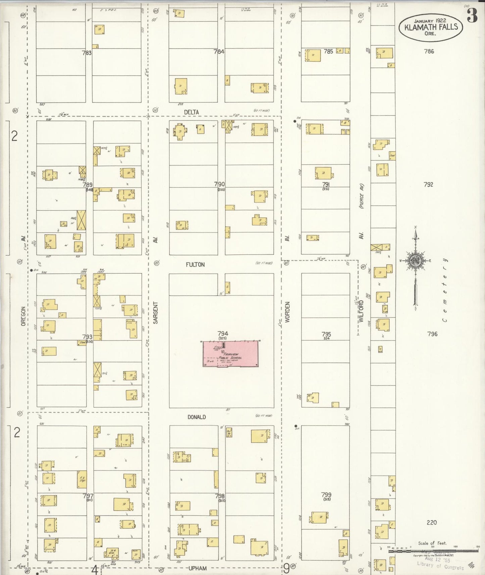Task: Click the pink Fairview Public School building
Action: coord(231,354)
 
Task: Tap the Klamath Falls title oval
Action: coord(431,27)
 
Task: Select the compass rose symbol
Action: coord(416,261)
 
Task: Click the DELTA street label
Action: coord(191,112)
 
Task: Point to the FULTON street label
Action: coord(195,265)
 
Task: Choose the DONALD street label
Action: coord(197,417)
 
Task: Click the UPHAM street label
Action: coord(197,568)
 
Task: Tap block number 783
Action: coord(87,53)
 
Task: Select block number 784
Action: coord(219,52)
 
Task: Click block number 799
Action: coord(326,494)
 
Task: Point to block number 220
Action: coord(432,522)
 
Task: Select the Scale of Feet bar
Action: coord(433,551)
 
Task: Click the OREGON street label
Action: coord(23,316)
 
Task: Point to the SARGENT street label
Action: coord(155,313)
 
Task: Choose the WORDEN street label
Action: coord(288,312)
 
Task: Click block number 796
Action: coord(432,334)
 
